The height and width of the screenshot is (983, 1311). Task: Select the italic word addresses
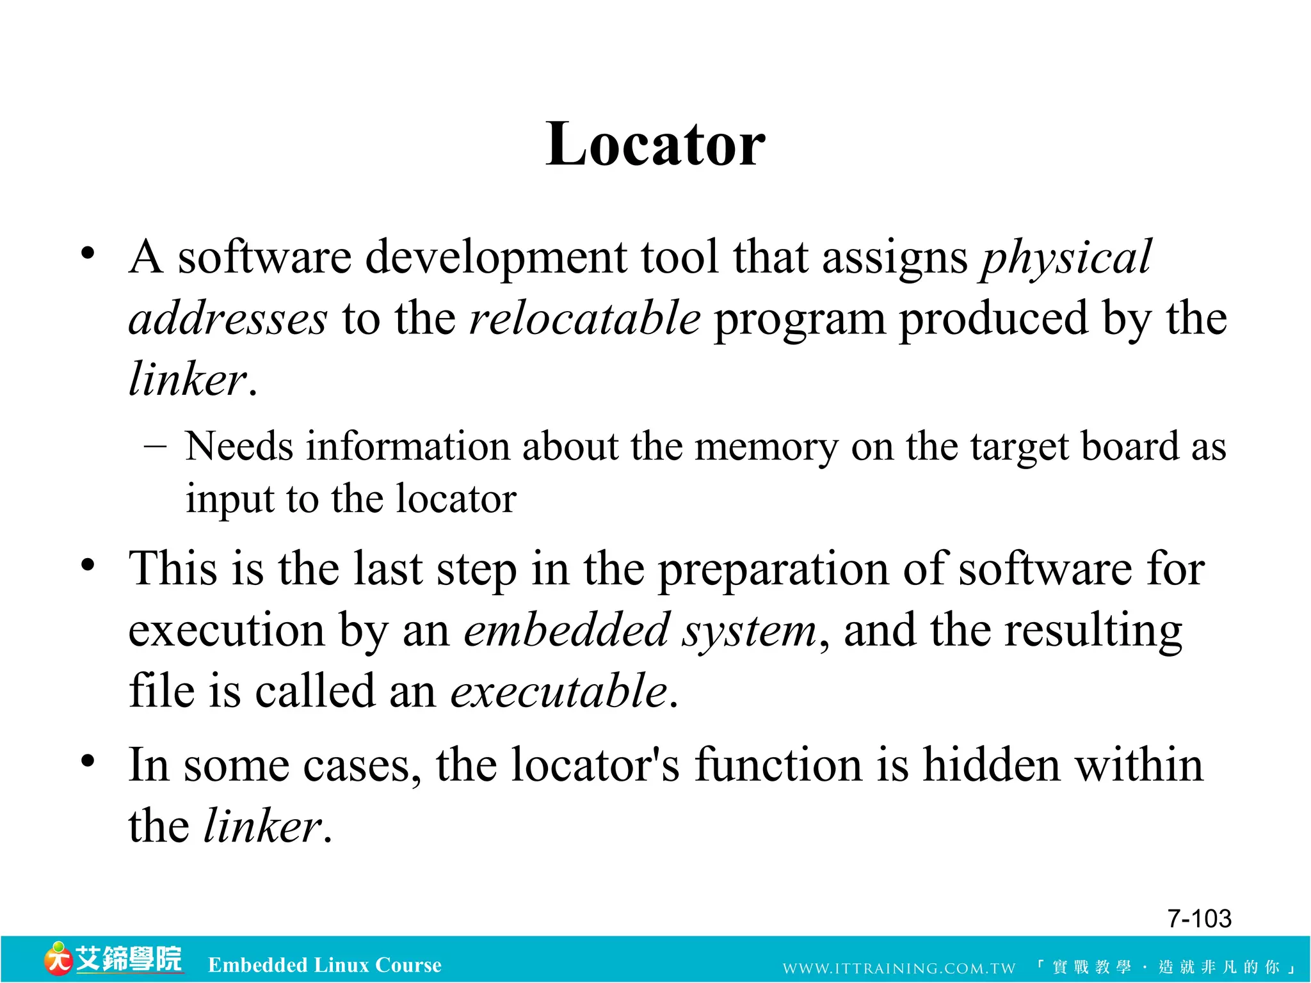click(x=229, y=319)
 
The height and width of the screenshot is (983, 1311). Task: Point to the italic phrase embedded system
click(x=640, y=631)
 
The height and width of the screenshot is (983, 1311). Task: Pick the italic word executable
click(x=559, y=692)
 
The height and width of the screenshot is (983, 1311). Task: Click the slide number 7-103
click(x=1199, y=919)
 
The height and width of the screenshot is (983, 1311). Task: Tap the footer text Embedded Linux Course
click(x=325, y=965)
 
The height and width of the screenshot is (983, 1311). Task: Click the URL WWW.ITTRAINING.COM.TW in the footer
click(x=899, y=968)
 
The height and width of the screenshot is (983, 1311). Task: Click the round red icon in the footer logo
click(x=58, y=959)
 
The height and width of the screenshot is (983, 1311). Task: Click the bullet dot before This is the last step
click(x=88, y=565)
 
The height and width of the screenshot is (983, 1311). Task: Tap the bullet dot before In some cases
click(x=88, y=761)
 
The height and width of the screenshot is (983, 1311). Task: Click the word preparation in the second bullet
click(x=774, y=570)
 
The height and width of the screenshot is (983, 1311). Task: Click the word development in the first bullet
click(x=497, y=258)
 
